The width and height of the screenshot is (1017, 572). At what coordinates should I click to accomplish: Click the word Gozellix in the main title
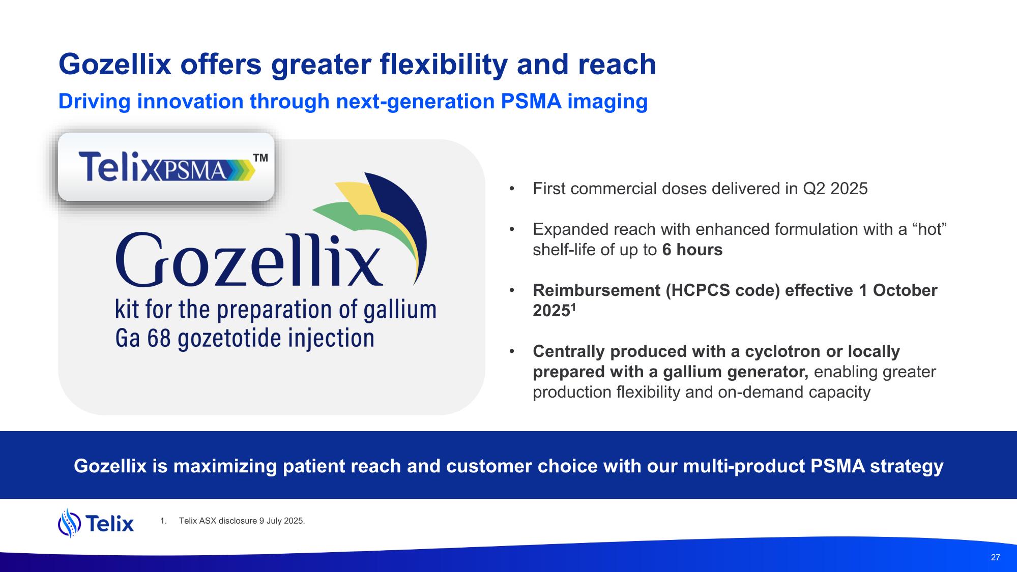tap(115, 65)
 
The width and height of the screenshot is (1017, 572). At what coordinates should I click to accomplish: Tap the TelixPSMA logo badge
tap(166, 167)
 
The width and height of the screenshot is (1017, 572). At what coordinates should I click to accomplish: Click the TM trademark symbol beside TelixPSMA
tap(260, 158)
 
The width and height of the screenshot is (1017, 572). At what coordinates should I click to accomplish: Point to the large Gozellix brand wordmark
tap(249, 260)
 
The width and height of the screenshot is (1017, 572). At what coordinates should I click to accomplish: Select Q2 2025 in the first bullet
tap(835, 189)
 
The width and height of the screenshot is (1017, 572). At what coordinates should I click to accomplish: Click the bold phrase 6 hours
tap(692, 250)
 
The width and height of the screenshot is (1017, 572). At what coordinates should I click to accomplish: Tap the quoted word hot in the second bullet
tap(930, 229)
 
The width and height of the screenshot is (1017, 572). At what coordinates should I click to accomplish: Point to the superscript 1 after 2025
tap(573, 307)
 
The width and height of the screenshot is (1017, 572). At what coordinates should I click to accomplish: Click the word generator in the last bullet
tap(768, 372)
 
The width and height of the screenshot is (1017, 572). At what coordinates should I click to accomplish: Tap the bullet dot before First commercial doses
tap(512, 189)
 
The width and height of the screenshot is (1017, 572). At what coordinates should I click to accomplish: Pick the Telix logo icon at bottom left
tap(70, 523)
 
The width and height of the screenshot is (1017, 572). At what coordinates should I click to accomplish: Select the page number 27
tap(996, 557)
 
